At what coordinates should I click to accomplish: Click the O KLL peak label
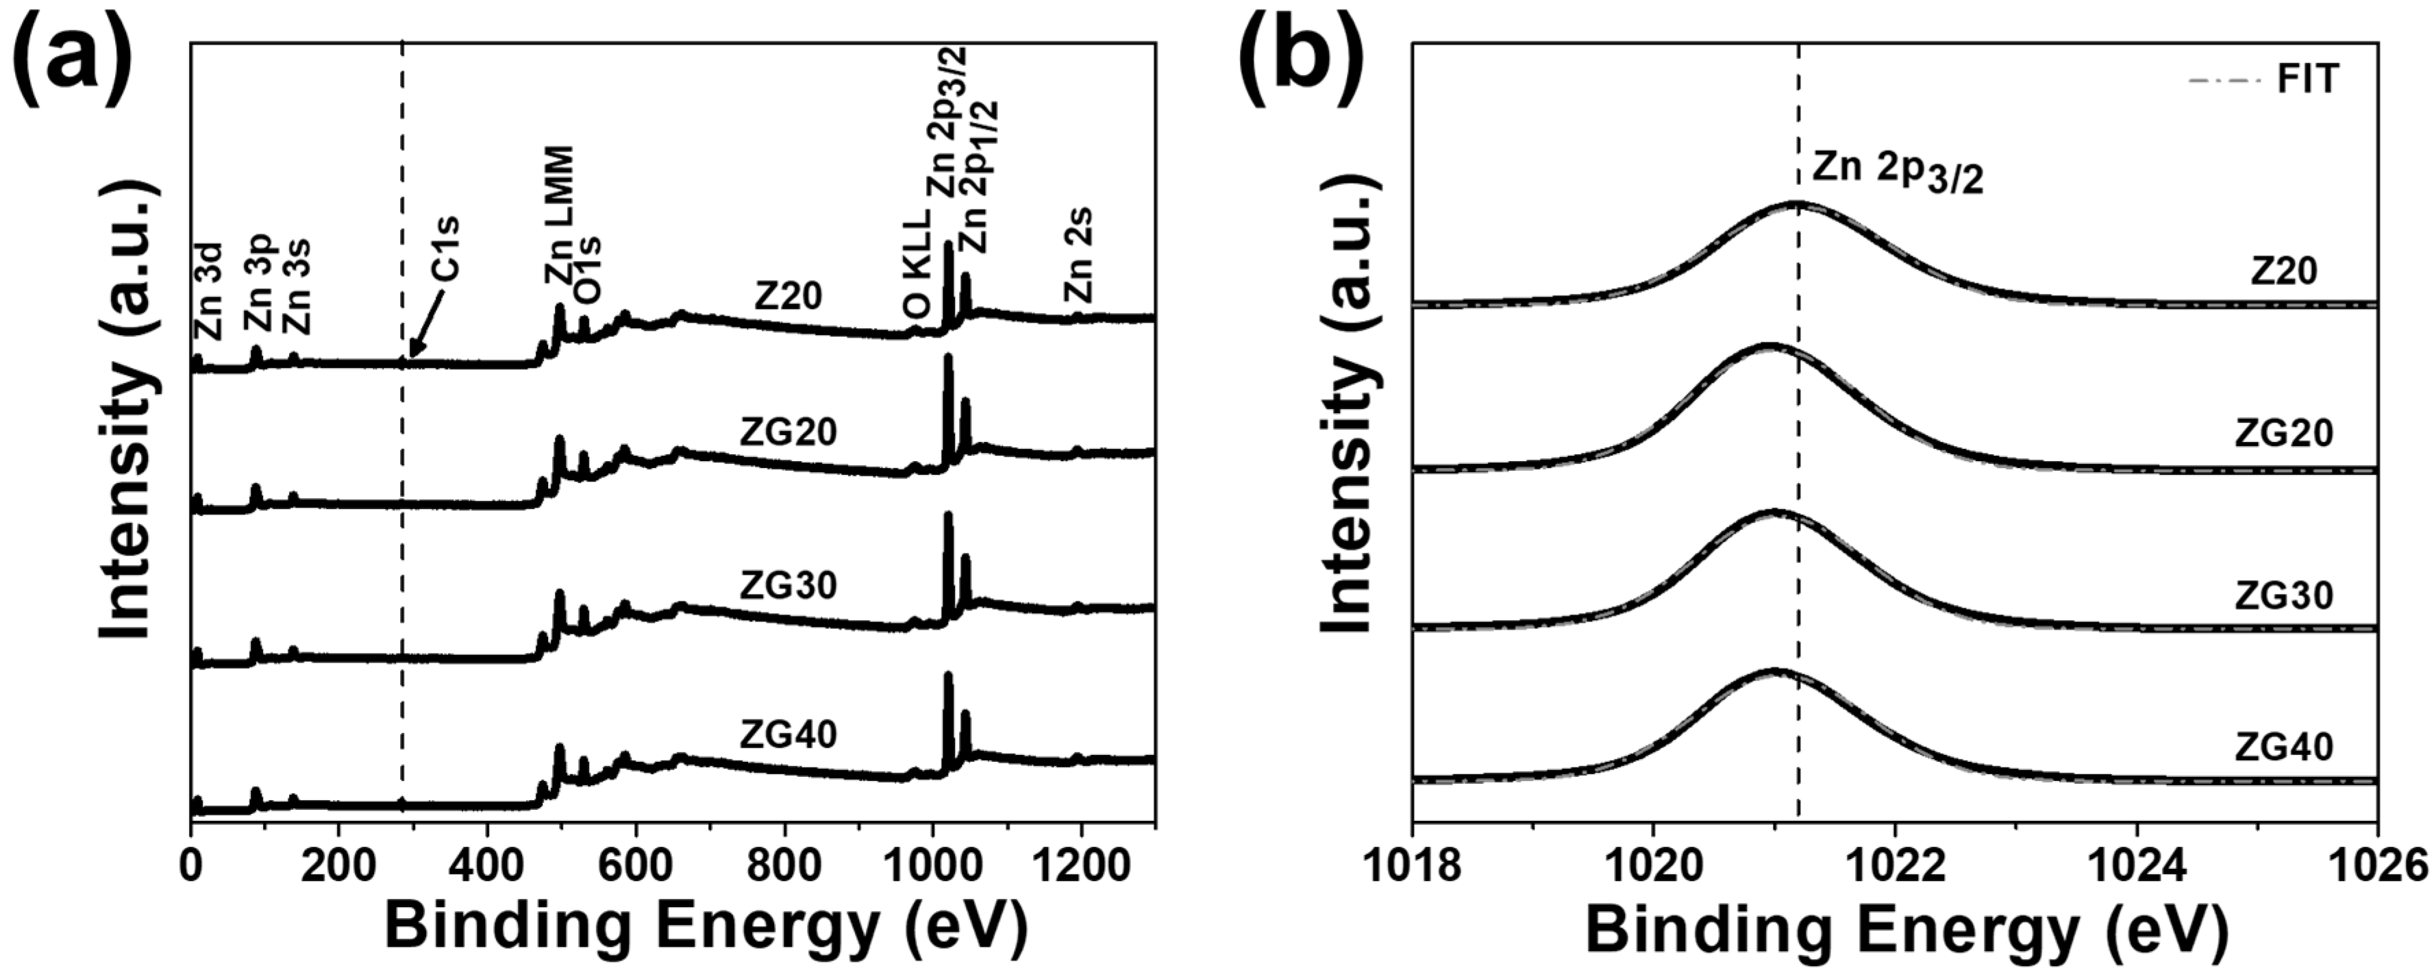coord(917,262)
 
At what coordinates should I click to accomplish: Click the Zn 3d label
coord(209,291)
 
